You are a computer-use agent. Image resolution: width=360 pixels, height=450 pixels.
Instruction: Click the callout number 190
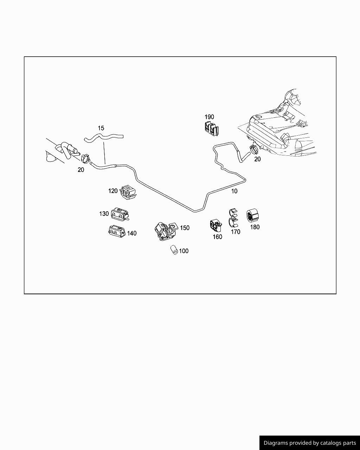point(209,117)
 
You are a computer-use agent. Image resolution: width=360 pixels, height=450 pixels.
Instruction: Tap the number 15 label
point(101,128)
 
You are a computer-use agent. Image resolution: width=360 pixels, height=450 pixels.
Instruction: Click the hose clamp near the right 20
point(254,149)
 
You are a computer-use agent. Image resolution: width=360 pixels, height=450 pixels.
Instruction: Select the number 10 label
point(234,191)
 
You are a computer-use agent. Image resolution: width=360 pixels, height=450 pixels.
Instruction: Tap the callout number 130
point(104,214)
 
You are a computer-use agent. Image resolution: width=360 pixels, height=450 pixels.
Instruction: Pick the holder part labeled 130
point(120,214)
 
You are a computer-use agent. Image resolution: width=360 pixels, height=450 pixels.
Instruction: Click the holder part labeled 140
point(116,231)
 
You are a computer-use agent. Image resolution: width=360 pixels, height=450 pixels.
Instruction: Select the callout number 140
point(131,233)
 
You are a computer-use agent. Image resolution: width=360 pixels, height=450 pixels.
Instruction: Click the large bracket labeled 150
point(164,231)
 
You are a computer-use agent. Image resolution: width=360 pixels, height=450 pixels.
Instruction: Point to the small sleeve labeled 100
point(174,250)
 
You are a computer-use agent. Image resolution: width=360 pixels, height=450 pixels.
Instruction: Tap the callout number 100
point(184,251)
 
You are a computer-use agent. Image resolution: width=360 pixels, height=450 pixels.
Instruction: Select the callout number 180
point(255,227)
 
